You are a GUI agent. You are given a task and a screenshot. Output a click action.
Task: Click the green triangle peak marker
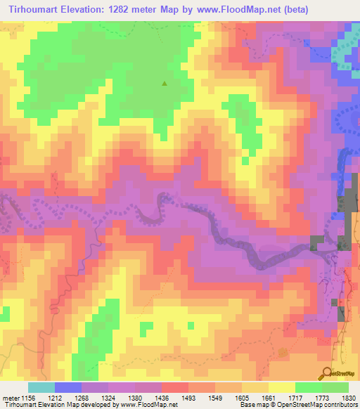click(x=165, y=83)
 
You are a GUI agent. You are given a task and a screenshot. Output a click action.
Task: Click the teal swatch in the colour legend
click(x=41, y=387)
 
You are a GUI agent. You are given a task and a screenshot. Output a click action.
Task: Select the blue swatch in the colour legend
click(x=68, y=387)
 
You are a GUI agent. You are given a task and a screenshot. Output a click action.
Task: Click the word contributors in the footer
click(x=339, y=404)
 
